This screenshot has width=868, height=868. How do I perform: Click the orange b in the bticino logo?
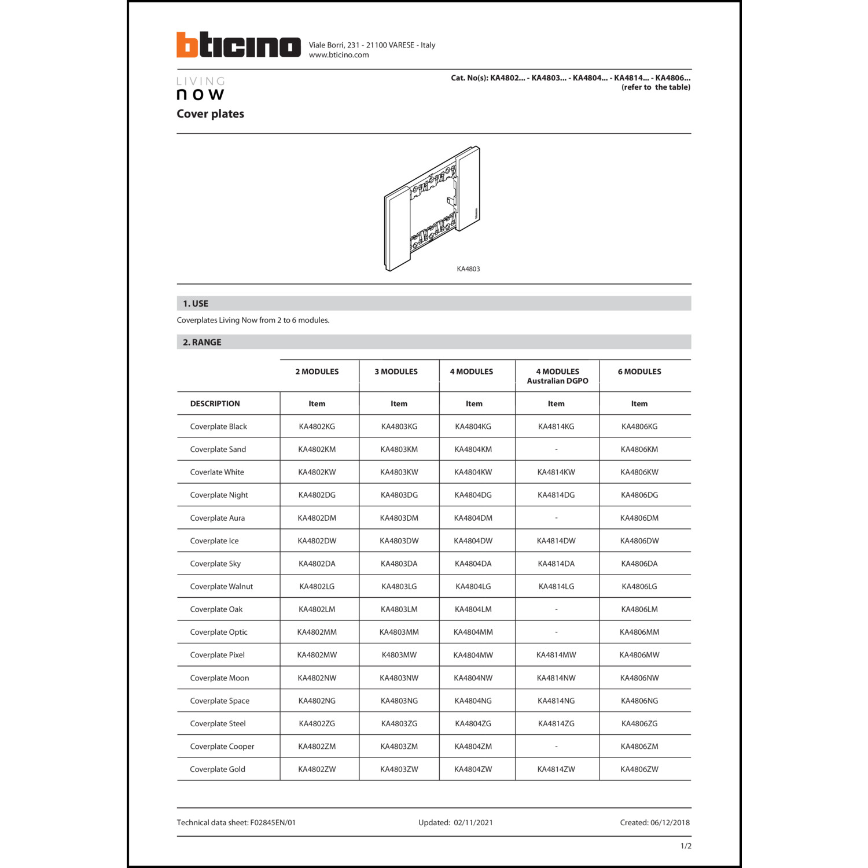[187, 45]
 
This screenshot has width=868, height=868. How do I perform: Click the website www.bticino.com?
[339, 55]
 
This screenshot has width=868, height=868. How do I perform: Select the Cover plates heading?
[210, 114]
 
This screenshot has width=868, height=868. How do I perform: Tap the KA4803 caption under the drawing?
[468, 269]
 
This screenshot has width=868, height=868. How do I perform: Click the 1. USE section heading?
[196, 304]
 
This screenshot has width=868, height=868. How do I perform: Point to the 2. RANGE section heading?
[202, 343]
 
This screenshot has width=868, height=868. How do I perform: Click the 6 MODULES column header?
[639, 372]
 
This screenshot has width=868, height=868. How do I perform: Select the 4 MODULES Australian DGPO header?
[557, 376]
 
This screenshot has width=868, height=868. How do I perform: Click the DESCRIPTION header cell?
[215, 404]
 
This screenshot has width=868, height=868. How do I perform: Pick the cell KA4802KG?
[317, 426]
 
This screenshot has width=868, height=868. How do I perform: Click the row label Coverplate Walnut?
[221, 587]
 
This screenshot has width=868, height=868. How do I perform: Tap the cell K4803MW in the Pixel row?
[399, 655]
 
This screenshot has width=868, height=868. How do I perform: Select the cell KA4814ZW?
[556, 769]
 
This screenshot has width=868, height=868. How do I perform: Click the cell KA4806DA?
[639, 564]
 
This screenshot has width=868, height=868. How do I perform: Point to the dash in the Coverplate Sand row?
[556, 450]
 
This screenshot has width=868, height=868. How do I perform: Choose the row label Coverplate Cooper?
[222, 746]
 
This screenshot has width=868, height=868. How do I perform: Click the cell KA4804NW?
[473, 678]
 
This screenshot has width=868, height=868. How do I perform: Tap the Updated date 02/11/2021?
[473, 823]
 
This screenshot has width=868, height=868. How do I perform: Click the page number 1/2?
[686, 846]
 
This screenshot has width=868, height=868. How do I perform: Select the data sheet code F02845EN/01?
[273, 823]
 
